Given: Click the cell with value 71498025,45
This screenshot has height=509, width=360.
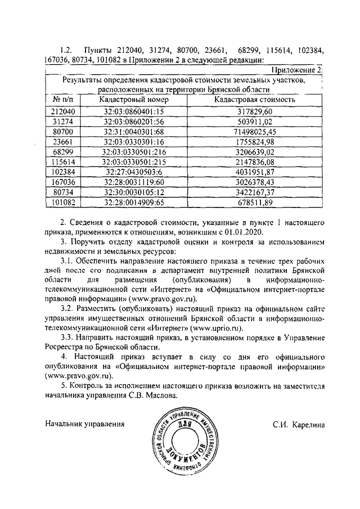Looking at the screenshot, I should click(255, 131).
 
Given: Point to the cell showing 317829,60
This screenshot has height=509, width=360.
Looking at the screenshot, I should click(255, 111).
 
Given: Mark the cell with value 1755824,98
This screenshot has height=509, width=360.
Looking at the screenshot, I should click(255, 141).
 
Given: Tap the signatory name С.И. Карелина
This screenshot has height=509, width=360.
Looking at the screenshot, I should click(299, 423).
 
